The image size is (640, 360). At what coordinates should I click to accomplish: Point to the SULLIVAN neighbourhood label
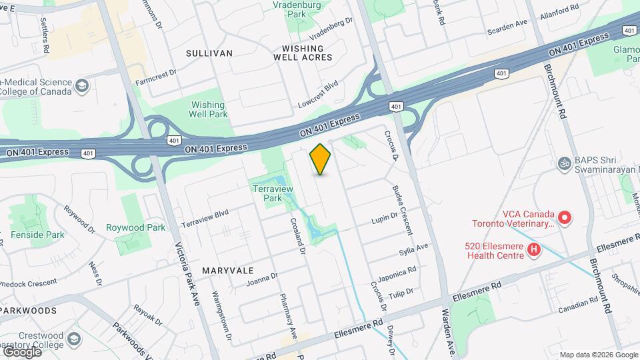209,53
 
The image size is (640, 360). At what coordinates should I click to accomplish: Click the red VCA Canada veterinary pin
565,217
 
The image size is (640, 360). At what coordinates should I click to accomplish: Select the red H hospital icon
533,250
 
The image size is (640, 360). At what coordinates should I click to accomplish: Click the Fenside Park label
37,235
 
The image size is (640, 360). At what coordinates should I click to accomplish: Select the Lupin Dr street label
384,217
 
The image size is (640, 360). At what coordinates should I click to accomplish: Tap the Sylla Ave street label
413,251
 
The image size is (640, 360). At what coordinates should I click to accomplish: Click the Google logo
22,351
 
